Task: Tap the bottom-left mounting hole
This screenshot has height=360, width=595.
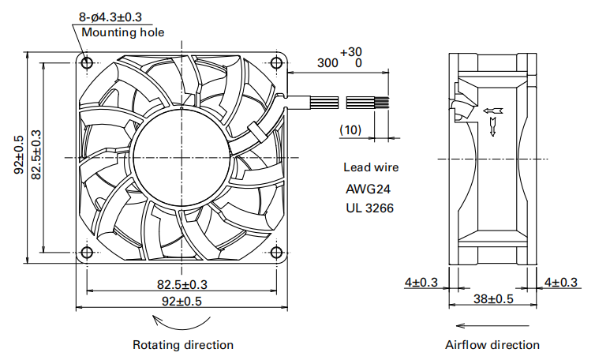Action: point(86,253)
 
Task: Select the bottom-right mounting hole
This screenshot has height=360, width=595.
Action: point(275,253)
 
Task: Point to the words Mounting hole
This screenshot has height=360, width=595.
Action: point(123,32)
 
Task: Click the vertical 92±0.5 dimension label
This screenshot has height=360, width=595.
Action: point(20,156)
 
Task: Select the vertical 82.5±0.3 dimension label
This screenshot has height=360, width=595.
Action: point(36,156)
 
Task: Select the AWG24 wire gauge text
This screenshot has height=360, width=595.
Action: point(368,189)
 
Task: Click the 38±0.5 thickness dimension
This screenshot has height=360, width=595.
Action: point(493,299)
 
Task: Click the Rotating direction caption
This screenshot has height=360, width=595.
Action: point(183,345)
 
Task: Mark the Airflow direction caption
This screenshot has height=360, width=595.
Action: point(492,345)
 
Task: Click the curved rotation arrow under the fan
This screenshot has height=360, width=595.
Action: point(182,320)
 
